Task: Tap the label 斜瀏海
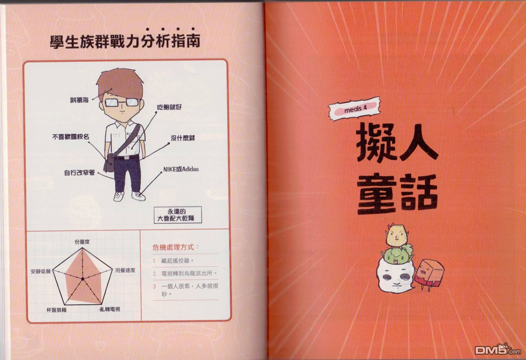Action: pos(79,100)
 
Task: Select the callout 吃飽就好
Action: pos(169,108)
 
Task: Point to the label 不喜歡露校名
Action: pos(70,137)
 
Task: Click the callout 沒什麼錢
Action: pos(183,138)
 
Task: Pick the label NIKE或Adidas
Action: pos(181,169)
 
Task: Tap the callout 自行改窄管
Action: pos(80,173)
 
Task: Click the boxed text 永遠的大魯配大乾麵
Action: pos(178,215)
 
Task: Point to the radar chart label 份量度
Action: pos(82,242)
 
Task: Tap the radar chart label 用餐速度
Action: pos(125,270)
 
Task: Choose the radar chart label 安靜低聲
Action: pos(41,272)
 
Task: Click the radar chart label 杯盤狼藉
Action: pos(57,310)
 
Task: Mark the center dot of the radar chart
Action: pos(83,279)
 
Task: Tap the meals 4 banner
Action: pos(354,109)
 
